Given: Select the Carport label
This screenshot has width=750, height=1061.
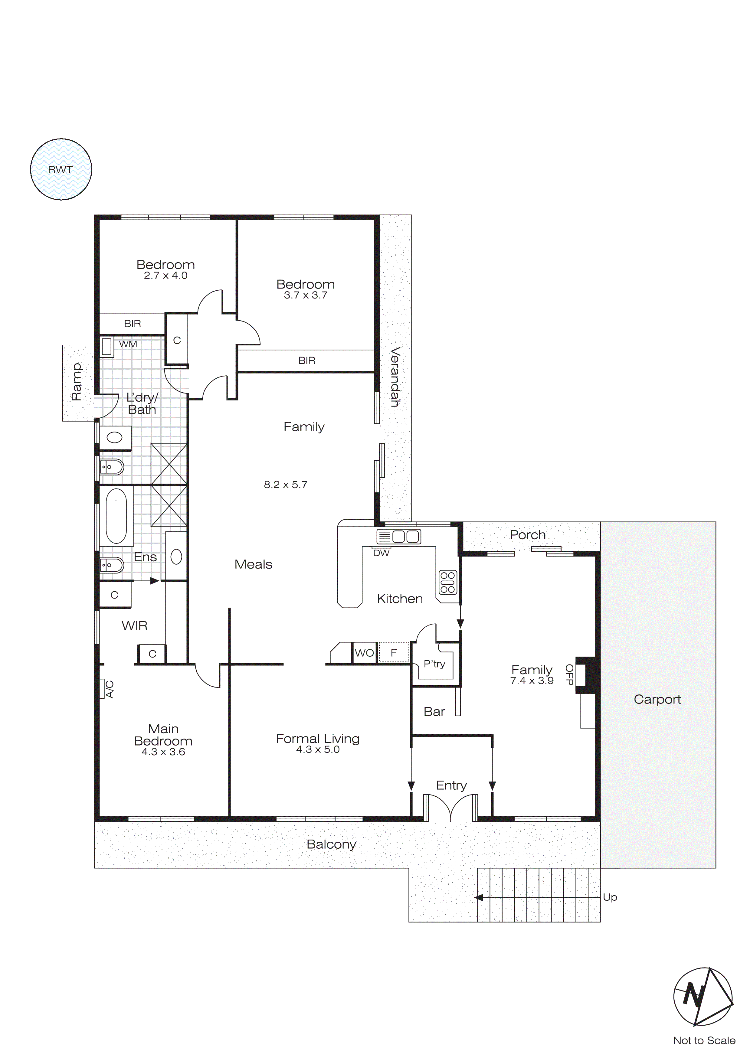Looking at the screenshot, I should point(657,699).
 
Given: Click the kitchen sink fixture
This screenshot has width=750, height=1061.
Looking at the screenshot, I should point(399,537).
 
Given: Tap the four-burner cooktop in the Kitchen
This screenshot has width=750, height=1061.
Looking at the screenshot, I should point(447,582).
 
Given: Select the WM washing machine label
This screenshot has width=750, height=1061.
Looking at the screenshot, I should point(128,344).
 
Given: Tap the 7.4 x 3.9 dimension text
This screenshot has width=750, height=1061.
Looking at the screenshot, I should point(532,681).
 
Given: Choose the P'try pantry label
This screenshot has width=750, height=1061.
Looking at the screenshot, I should point(434,664).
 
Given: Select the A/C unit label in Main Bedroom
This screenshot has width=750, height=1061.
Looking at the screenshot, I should point(110,689).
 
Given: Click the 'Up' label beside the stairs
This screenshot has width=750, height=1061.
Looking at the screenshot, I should point(610,897).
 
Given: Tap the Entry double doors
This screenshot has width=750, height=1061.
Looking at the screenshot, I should point(450,808).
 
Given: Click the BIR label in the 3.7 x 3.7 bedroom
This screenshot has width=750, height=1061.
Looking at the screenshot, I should point(307,361).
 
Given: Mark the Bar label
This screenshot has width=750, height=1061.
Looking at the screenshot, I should point(434,712).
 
